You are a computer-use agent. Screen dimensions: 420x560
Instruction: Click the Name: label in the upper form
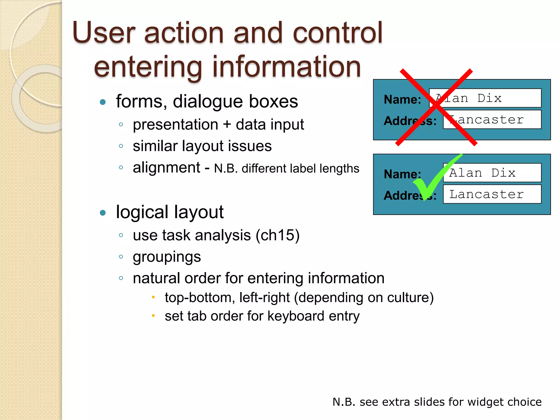tap(402, 99)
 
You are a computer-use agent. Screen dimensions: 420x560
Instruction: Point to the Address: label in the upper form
tap(410, 121)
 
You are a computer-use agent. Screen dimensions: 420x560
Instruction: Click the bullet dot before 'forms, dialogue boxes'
tap(103, 102)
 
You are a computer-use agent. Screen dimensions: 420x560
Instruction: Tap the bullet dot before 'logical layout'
tap(103, 213)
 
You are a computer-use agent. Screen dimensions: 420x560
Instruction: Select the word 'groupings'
tap(167, 257)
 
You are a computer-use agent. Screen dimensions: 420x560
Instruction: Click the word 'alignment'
tap(166, 167)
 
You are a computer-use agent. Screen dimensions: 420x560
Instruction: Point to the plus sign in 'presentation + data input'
tap(227, 125)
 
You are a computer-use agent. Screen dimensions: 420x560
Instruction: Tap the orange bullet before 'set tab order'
tap(153, 316)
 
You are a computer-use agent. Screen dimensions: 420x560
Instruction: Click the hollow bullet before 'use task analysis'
tap(121, 235)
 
